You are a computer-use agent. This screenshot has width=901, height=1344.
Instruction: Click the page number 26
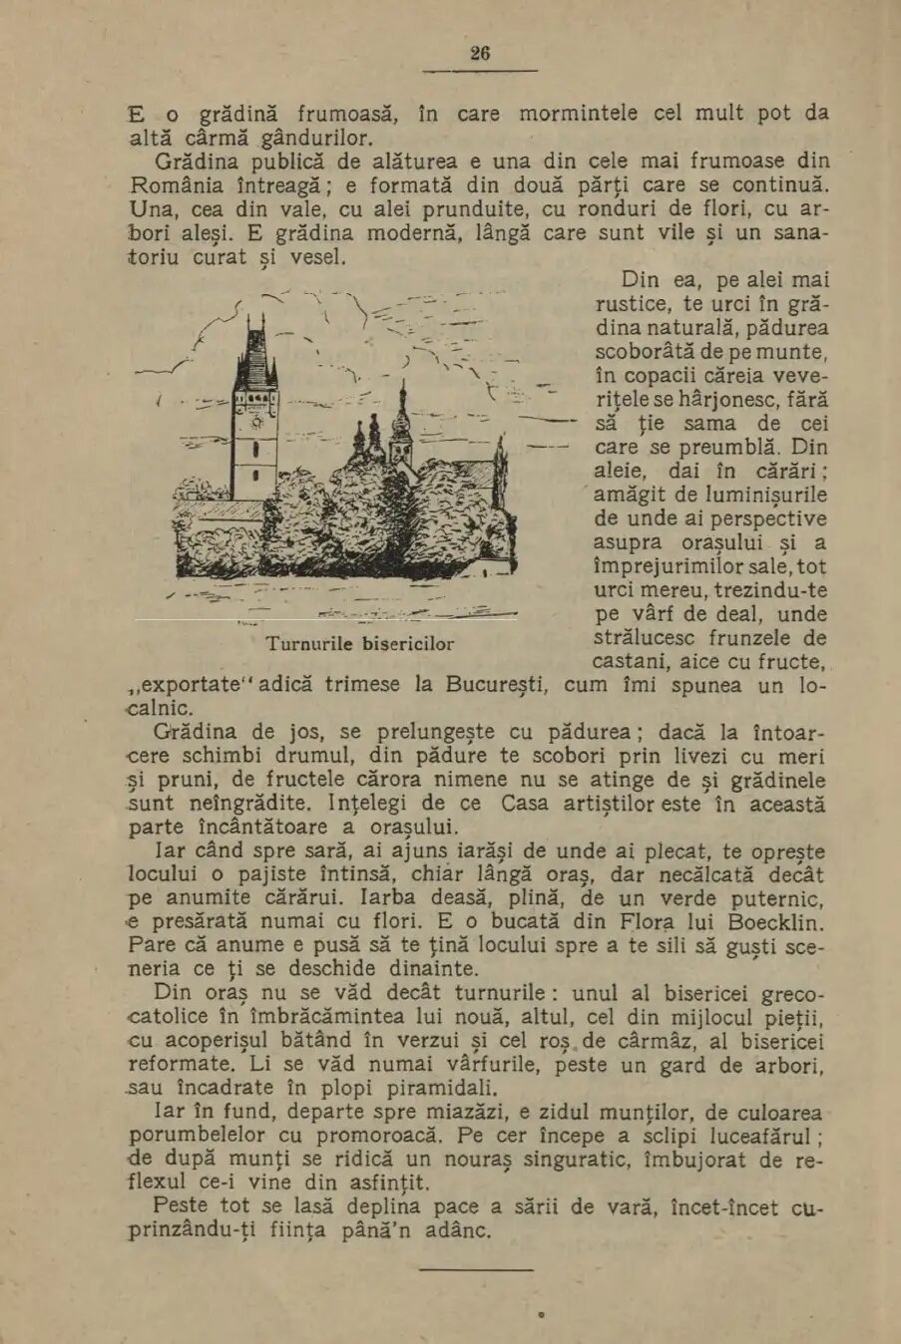[x=480, y=54]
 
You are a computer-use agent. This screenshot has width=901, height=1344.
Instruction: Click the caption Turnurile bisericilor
[x=360, y=643]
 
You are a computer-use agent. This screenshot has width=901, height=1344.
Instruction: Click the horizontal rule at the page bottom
[x=476, y=1269]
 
